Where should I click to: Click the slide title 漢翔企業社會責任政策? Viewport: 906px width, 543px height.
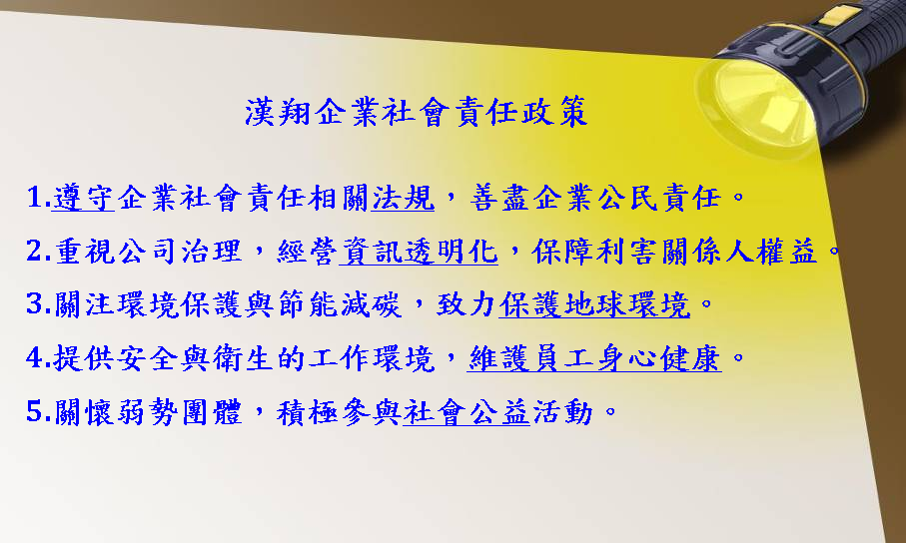tap(416, 112)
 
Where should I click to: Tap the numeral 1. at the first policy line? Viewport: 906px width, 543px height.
tap(38, 198)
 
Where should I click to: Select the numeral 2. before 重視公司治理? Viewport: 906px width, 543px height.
tap(38, 252)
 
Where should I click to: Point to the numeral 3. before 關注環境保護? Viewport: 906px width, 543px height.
tap(38, 304)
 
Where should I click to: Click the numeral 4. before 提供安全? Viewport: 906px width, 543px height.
tap(38, 358)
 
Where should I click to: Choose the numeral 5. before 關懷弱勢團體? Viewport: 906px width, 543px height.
tap(38, 412)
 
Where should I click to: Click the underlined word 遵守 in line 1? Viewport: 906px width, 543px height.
tap(83, 199)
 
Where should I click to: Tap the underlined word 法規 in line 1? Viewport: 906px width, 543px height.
tap(403, 199)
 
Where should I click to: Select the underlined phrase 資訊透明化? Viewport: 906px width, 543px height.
tap(419, 252)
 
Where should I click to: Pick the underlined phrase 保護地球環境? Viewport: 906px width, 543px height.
tap(594, 305)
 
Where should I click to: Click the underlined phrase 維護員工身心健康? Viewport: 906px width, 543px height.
tap(594, 358)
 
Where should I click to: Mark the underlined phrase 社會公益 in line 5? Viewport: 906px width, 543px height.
tap(466, 412)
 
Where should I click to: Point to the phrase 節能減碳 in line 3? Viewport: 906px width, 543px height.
tap(340, 305)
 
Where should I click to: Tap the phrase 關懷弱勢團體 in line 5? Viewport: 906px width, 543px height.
tap(148, 412)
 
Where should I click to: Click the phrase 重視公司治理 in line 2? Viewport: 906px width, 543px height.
tap(148, 252)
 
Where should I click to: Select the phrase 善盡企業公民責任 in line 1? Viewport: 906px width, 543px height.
tap(595, 199)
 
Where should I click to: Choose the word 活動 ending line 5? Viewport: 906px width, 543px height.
tap(562, 412)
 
